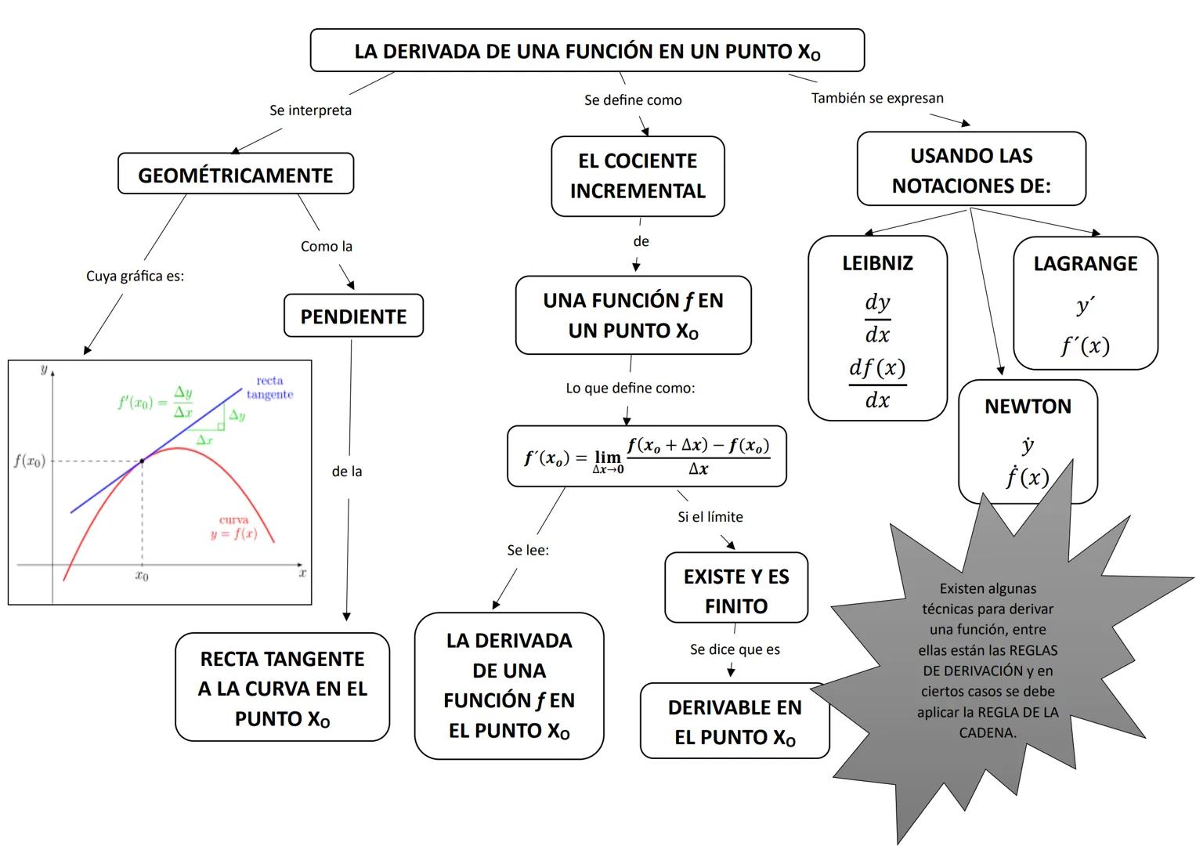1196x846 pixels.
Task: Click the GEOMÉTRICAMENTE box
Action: tap(235, 175)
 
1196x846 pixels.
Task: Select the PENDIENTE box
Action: tap(353, 316)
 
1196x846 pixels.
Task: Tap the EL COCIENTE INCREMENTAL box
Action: tap(638, 176)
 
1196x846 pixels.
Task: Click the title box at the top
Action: tap(587, 52)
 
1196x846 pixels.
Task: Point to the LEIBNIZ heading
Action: tap(877, 263)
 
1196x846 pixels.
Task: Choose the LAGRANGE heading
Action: tap(1085, 264)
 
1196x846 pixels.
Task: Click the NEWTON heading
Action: tap(1028, 407)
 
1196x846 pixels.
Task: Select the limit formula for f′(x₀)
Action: tap(646, 457)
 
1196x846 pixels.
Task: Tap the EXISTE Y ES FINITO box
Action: tap(735, 591)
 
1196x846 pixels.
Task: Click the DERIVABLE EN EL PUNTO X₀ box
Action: tap(734, 721)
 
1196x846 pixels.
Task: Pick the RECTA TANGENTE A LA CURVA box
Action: tap(282, 688)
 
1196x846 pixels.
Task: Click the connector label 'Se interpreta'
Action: tap(310, 110)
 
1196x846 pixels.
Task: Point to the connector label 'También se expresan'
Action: tap(877, 99)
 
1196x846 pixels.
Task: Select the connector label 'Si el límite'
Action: tap(710, 517)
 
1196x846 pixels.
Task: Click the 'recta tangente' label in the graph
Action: tap(269, 388)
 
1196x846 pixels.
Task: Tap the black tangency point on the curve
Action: tap(142, 461)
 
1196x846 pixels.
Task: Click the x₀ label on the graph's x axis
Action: tap(142, 577)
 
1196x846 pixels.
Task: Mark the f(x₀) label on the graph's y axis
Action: tap(29, 461)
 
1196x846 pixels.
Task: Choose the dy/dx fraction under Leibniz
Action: tap(877, 319)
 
